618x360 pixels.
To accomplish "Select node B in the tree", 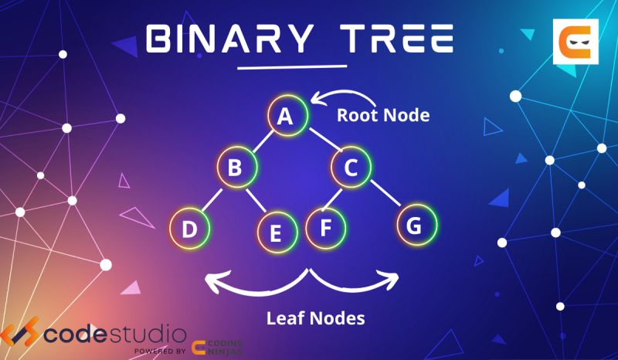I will point(236,168).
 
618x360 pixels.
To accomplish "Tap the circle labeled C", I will point(351,167).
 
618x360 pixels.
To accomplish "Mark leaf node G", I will point(416,226).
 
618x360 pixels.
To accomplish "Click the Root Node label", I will point(382,116).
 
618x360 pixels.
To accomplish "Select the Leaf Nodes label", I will point(314,318).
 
